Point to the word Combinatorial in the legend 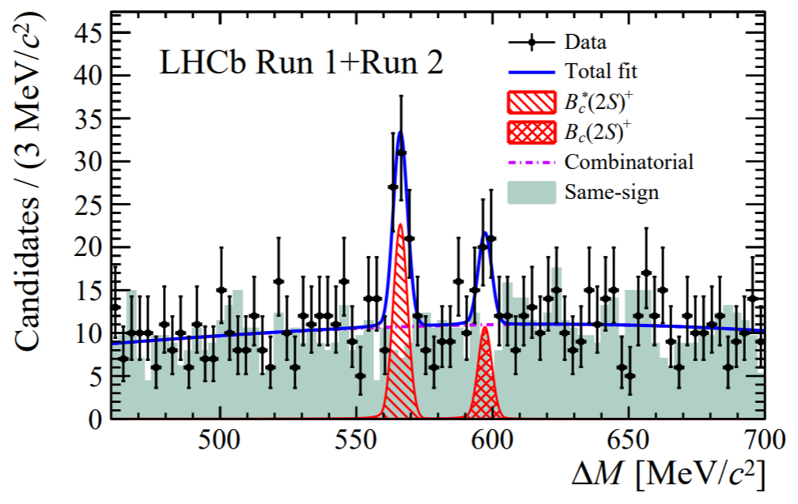[x=629, y=162]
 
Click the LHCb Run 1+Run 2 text [x=301, y=64]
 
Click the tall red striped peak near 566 [x=400, y=332]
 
